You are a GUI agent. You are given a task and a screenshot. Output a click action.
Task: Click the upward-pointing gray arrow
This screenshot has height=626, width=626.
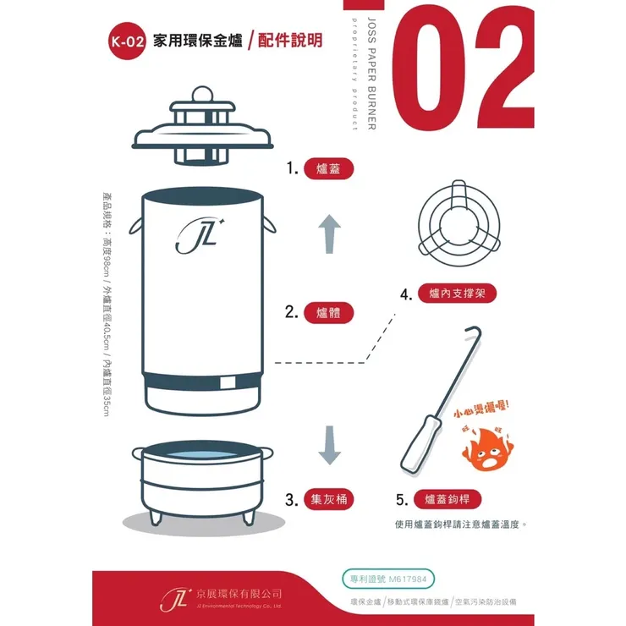(x=329, y=233)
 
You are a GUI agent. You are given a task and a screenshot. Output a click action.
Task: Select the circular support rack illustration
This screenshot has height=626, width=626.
(x=459, y=222)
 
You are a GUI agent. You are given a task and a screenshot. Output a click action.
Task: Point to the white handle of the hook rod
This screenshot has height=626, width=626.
(x=420, y=445)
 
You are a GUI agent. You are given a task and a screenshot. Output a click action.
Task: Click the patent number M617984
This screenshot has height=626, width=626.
(x=410, y=579)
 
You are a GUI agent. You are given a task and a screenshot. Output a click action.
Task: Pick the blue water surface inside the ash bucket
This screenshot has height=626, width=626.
(x=203, y=458)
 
